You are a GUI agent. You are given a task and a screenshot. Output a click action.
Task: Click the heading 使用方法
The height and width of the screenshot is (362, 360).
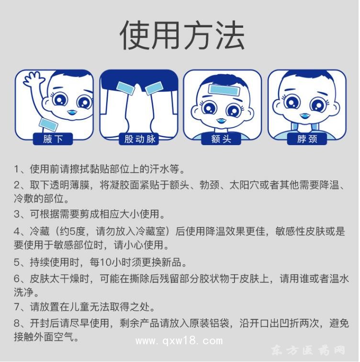(181, 35)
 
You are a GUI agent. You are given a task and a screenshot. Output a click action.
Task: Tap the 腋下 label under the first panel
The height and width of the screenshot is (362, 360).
(51, 139)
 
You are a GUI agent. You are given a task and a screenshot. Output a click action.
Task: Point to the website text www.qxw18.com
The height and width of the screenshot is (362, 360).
(179, 341)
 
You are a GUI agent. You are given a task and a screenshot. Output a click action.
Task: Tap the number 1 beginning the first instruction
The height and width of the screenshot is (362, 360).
(16, 169)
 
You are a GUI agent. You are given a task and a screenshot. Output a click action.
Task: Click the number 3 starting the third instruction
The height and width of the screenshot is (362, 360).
(16, 214)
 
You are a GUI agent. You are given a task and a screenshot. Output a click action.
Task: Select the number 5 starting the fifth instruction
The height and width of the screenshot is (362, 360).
(16, 262)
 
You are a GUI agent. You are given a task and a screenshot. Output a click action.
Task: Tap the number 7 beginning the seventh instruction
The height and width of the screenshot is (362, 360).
(16, 307)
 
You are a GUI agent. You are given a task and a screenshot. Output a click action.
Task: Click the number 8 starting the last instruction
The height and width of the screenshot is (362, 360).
(16, 323)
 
